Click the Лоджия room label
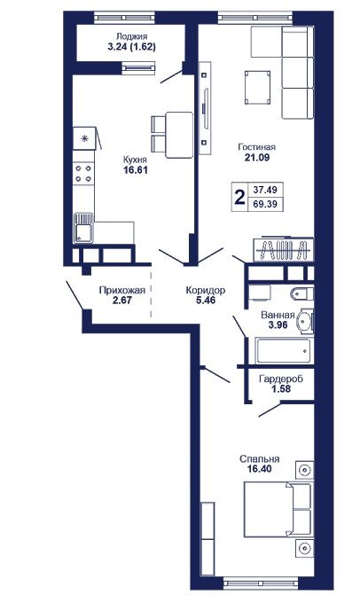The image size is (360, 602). (x=131, y=37)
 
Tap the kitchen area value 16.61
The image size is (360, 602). (x=136, y=169)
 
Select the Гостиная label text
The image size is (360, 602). (x=257, y=147)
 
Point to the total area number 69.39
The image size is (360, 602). (x=265, y=204)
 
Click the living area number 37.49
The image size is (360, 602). (x=265, y=189)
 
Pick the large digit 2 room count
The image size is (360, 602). (x=240, y=198)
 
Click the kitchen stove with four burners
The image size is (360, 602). (x=83, y=173)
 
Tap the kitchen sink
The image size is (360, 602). (x=83, y=228)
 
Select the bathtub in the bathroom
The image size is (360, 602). (x=284, y=350)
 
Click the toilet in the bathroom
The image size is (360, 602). (x=302, y=294)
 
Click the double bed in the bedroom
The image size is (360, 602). (x=278, y=510)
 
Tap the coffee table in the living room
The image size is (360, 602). (x=257, y=88)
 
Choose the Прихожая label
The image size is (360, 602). (x=122, y=290)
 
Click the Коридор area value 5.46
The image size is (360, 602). (x=206, y=301)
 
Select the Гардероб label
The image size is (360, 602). (x=281, y=379)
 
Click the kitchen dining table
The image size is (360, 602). (x=179, y=135)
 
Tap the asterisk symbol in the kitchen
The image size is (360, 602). (x=85, y=138)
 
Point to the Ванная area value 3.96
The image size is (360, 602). (x=278, y=324)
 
